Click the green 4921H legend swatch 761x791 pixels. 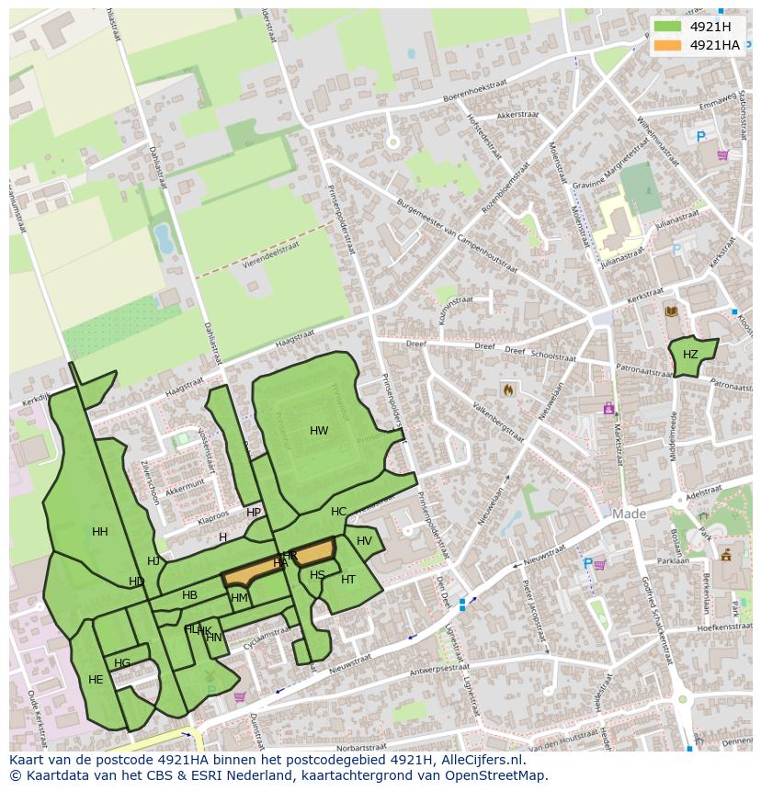click(x=668, y=26)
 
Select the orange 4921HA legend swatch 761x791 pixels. click(x=668, y=45)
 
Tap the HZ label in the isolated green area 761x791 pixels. click(x=690, y=355)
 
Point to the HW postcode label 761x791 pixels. click(x=319, y=431)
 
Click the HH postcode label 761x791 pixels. click(x=100, y=532)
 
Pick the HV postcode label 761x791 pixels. click(x=365, y=541)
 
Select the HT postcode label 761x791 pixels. click(x=348, y=580)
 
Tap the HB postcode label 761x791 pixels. click(x=189, y=595)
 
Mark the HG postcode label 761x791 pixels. click(x=122, y=663)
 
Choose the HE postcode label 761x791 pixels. click(x=96, y=680)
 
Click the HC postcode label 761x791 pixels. click(x=339, y=512)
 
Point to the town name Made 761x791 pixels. click(x=630, y=514)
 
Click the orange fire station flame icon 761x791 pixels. click(x=507, y=390)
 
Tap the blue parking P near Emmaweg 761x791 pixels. click(x=700, y=137)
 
